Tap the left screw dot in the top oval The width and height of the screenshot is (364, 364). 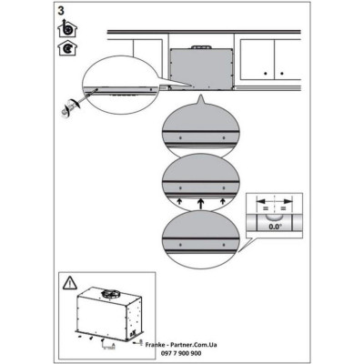click(181, 136)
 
